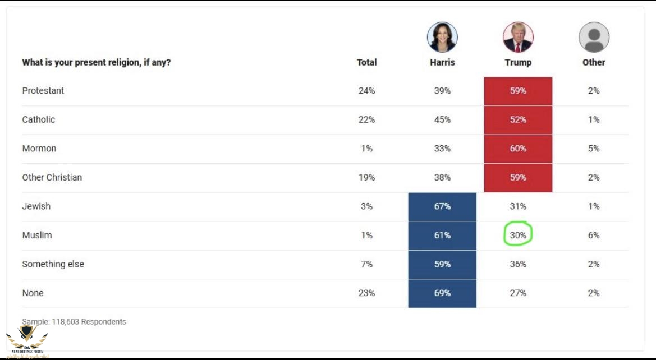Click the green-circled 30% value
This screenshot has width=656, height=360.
pos(518,236)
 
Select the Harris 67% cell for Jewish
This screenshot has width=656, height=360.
pos(442,206)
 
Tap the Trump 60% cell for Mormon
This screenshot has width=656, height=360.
pos(518,149)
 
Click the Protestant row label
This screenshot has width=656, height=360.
pos(43,91)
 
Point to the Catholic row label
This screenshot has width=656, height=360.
pos(39,119)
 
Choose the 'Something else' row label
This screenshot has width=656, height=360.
pos(53,264)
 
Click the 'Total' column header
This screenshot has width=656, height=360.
pos(366,62)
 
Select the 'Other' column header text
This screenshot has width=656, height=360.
pos(594,62)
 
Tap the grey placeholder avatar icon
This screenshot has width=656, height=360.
pos(594,38)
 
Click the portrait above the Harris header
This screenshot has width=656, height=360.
pos(442,38)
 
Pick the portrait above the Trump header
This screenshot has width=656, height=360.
pos(518,38)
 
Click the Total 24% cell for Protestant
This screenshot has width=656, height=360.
pos(366,91)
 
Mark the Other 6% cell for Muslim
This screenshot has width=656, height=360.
pos(594,236)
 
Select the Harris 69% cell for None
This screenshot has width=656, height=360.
pos(442,293)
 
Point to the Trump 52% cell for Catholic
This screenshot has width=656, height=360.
pos(518,119)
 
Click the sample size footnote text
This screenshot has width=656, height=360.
pos(74,322)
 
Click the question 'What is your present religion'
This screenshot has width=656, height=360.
pos(97,62)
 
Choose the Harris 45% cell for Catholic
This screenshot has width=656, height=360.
pos(442,119)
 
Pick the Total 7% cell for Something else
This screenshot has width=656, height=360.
pos(366,264)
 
